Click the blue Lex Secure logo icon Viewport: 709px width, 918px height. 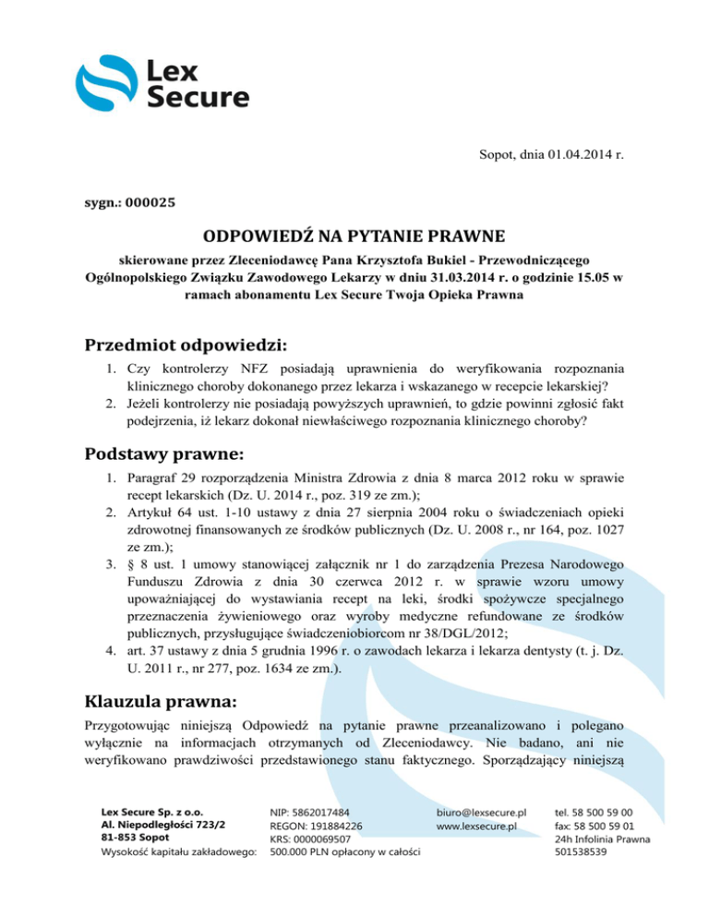(x=108, y=83)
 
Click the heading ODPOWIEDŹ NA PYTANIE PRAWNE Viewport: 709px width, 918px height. (x=354, y=237)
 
